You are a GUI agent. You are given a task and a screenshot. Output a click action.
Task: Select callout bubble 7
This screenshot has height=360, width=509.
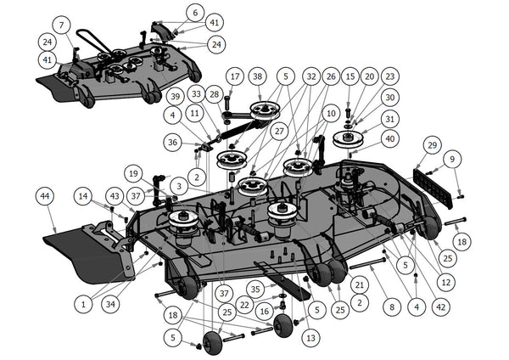(63, 24)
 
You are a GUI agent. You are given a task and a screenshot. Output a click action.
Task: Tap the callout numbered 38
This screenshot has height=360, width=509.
(257, 76)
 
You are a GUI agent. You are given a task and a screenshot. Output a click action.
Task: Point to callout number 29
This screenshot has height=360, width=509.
(432, 147)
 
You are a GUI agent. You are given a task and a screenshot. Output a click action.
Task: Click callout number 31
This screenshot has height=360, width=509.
(389, 118)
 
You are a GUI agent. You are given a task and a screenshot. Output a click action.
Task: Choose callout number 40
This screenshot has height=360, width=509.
(389, 138)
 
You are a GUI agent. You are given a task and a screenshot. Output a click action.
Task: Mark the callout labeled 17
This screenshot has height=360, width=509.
(234, 76)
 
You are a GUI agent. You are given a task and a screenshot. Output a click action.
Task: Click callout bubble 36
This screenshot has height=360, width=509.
(173, 143)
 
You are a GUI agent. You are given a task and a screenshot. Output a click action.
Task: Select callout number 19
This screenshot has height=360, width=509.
(133, 173)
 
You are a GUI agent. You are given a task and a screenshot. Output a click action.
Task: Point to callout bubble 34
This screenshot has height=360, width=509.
(109, 303)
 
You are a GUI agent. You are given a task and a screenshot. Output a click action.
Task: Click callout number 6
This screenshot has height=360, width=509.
(194, 13)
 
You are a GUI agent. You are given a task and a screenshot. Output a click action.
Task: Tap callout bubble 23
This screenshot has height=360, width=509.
(389, 76)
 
